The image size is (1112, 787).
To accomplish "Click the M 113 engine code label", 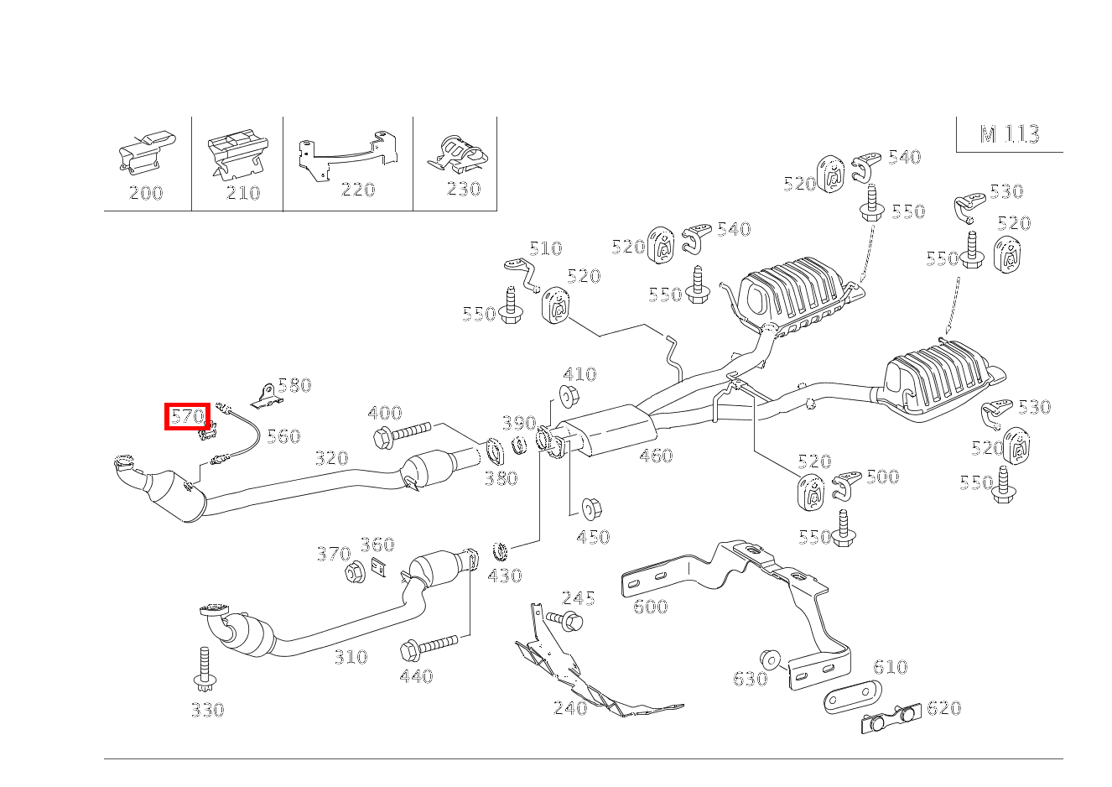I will point(1010,134).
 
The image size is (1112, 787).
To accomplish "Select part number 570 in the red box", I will point(186,416).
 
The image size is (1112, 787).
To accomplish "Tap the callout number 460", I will point(655,456).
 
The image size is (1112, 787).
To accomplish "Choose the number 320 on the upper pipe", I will point(331,458).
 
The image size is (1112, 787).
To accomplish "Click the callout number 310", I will point(351,657).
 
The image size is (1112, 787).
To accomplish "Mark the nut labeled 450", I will point(590,508).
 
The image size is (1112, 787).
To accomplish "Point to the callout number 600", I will point(650,606).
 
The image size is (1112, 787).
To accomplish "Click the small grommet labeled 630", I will point(767,658).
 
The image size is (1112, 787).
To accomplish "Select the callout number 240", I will point(570,708).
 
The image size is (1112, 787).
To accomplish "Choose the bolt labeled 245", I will point(565,620).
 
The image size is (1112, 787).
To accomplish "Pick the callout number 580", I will point(294,385).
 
